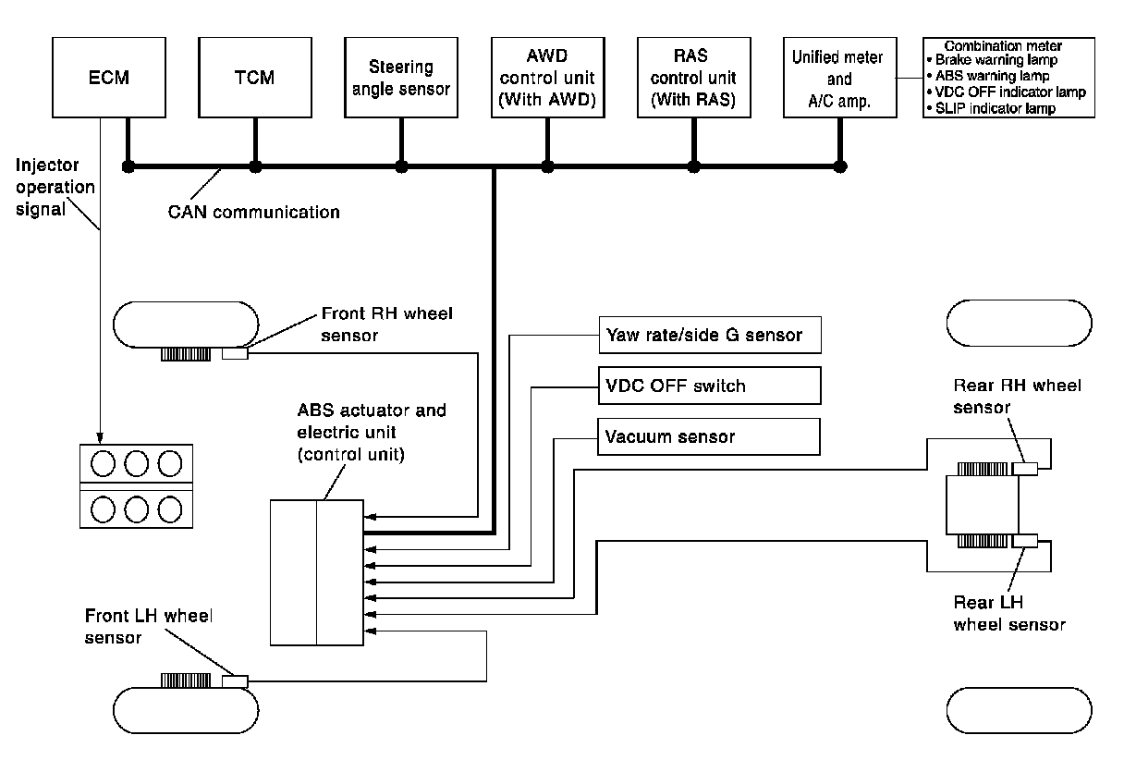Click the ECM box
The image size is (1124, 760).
pyautogui.click(x=109, y=78)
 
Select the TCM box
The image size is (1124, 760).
pyautogui.click(x=254, y=78)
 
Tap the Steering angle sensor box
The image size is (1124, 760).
pyautogui.click(x=400, y=78)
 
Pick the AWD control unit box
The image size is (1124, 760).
pyautogui.click(x=547, y=78)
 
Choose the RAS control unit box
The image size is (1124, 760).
pyautogui.click(x=693, y=78)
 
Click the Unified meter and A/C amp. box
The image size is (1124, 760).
pyautogui.click(x=839, y=78)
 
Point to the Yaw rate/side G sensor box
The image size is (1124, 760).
pyautogui.click(x=709, y=334)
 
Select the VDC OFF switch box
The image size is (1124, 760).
pyautogui.click(x=709, y=386)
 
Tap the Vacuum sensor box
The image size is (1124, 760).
pyautogui.click(x=709, y=436)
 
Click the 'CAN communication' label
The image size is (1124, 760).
pyautogui.click(x=254, y=212)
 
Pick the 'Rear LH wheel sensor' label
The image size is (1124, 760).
pyautogui.click(x=1009, y=613)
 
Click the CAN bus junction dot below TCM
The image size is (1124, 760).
pyautogui.click(x=256, y=167)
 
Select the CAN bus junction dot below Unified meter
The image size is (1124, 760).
pyautogui.click(x=839, y=167)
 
